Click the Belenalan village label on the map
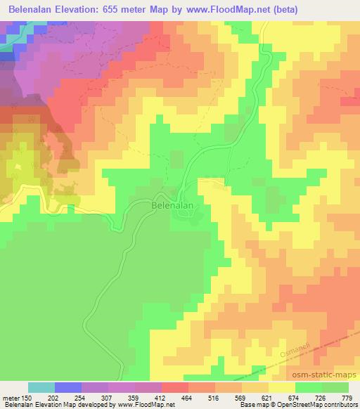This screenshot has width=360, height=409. click(172, 207)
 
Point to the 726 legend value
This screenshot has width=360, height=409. click(319, 397)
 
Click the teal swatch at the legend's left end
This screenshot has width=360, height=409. click(41, 387)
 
